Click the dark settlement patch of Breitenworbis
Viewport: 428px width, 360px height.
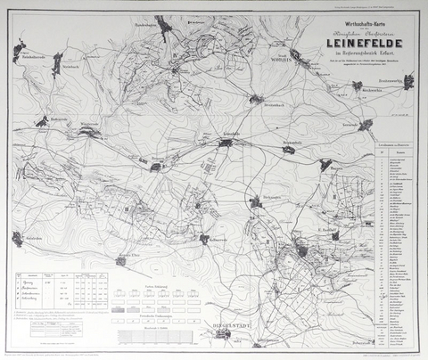click(408, 82)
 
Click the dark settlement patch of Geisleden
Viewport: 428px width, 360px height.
click(17, 238)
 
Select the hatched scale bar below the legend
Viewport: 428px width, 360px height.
click(157, 336)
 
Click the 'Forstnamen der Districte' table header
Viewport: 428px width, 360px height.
click(391, 142)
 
